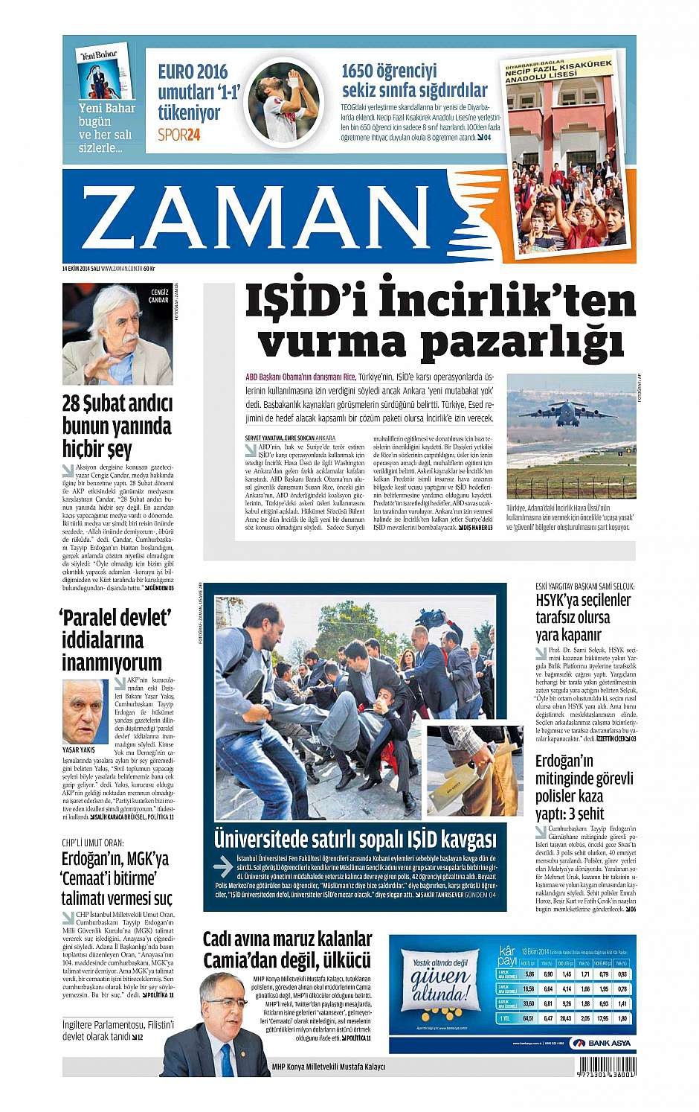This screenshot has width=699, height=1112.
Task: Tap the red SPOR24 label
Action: click(179, 134)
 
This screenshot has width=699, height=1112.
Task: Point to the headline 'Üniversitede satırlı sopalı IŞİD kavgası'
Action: click(355, 840)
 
